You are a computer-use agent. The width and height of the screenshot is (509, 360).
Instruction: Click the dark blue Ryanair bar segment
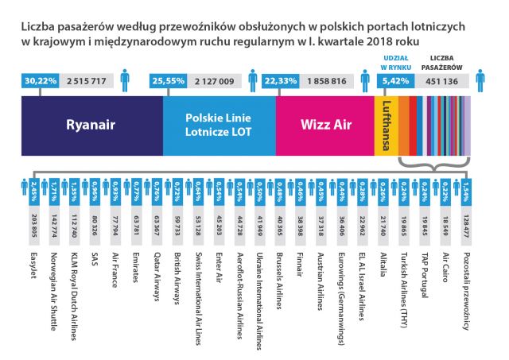click(x=91, y=124)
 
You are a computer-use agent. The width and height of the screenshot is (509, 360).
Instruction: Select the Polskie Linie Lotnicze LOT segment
click(x=219, y=124)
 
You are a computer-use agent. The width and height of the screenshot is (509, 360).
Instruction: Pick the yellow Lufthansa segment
click(x=385, y=124)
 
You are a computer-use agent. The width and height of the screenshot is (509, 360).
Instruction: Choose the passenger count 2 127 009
click(x=216, y=79)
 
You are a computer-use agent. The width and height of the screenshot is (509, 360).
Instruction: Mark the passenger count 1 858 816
click(x=328, y=79)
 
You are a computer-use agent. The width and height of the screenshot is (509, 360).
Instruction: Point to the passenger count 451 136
click(x=441, y=79)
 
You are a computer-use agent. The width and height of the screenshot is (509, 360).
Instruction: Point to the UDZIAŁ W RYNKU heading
click(x=391, y=62)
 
